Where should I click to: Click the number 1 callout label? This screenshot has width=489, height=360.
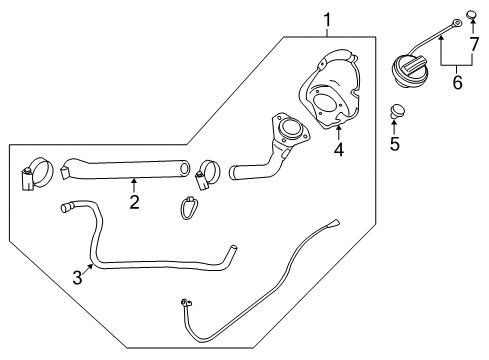point(325,19)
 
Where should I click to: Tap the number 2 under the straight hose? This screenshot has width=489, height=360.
point(133,203)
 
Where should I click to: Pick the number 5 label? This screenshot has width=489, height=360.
point(394,144)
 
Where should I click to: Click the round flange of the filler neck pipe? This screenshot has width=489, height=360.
point(291,128)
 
